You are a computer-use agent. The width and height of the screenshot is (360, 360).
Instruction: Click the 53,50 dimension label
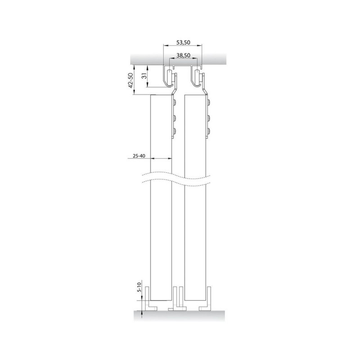[183, 42]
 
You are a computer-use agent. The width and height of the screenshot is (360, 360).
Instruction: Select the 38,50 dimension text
[183, 55]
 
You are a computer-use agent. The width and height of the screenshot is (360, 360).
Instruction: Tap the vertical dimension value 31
[144, 76]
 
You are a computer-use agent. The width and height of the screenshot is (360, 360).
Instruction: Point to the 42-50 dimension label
[130, 81]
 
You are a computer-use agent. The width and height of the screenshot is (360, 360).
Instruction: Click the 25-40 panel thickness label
[139, 156]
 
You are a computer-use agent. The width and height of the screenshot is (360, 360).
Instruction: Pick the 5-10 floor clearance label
[139, 287]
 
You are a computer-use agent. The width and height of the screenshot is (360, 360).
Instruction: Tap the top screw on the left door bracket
[175, 102]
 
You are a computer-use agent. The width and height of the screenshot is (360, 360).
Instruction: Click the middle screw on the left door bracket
[175, 118]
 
